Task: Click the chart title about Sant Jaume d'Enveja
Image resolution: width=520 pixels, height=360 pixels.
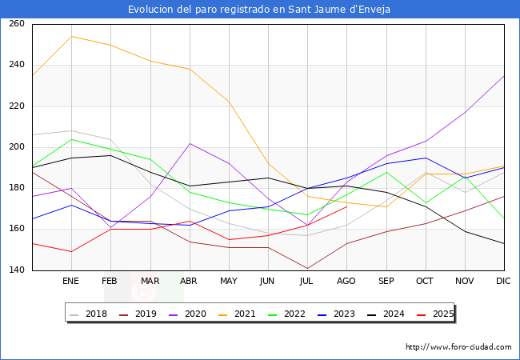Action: coord(259,10)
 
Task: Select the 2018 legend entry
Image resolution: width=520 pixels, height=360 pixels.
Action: coord(88,314)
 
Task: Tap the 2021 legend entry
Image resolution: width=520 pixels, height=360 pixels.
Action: coord(237,314)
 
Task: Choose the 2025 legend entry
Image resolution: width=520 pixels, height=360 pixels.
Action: coord(435,314)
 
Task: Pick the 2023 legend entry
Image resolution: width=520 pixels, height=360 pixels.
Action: coord(336,314)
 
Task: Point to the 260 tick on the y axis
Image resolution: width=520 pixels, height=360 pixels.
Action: coord(17,23)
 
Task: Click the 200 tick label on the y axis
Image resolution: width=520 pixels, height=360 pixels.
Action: coord(17,147)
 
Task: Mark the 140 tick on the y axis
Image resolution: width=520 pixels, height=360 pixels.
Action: coord(17,270)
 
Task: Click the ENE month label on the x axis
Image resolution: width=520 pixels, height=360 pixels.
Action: coord(70,281)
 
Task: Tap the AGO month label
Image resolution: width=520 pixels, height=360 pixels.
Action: coord(346,281)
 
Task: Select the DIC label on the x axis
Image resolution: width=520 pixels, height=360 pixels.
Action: coord(503,281)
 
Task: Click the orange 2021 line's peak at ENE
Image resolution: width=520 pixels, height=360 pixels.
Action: coord(72,37)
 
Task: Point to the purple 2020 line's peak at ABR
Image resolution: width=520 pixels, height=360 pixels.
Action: coord(190,143)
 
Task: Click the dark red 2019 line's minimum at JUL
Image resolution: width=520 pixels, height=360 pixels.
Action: coord(307,269)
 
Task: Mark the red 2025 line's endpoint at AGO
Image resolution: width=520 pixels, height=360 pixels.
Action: coord(347,207)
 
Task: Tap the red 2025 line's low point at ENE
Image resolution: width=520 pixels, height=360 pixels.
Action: coord(72,252)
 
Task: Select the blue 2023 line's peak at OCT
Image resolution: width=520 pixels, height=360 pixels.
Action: coord(426,158)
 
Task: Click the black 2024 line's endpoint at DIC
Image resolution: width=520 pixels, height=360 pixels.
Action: coord(504,244)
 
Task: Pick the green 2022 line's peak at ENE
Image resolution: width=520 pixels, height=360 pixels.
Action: coord(72,139)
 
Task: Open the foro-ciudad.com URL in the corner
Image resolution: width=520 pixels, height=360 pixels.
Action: coord(458,347)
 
